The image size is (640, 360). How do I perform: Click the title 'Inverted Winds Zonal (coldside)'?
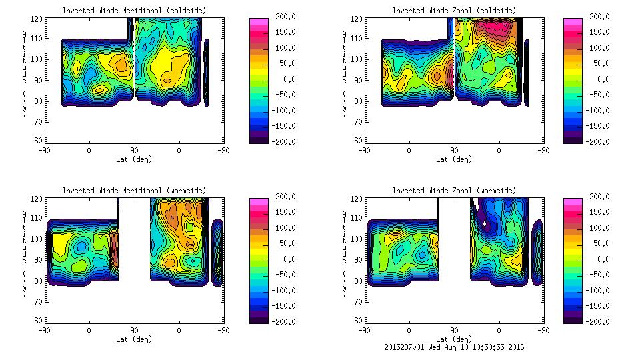[x=453, y=11]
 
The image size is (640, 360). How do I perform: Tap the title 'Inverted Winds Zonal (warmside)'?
[x=453, y=191]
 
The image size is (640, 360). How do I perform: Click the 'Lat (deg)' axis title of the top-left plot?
[x=134, y=159]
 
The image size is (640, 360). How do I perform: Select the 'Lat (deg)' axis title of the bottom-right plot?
[x=455, y=339]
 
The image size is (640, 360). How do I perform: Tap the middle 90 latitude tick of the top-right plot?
[x=454, y=151]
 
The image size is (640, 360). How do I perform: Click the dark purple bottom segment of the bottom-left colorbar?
[x=259, y=319]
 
